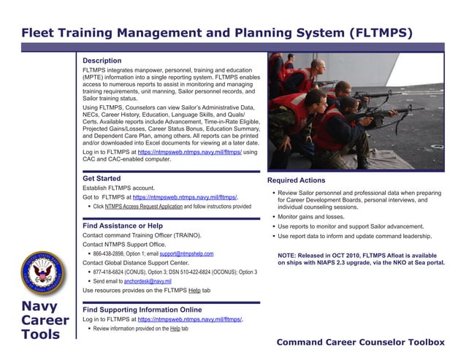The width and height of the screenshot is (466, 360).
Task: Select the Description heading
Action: pos(102,61)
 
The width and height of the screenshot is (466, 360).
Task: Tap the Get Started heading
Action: pos(102,178)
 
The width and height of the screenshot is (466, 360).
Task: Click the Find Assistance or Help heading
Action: pos(122,226)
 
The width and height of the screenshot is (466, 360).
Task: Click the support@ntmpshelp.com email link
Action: pos(186,253)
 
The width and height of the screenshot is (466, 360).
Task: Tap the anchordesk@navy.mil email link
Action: pos(148,281)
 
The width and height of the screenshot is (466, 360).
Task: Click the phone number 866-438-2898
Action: pos(108,253)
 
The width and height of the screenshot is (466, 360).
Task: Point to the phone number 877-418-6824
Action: pos(108,272)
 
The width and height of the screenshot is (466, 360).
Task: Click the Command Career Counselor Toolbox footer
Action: pos(361,342)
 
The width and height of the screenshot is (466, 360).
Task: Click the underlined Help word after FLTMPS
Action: pos(194,291)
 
